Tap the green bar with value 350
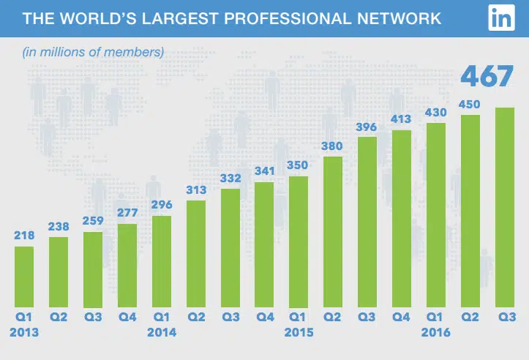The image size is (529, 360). [299, 241]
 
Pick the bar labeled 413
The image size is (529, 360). [402, 219]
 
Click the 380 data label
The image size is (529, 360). [332, 146]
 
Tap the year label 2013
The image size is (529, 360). [24, 331]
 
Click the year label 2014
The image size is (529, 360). [162, 331]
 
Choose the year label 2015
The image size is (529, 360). [299, 331]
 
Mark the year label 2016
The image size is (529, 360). [436, 331]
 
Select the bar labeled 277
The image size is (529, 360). [127, 265]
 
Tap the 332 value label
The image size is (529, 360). [230, 179]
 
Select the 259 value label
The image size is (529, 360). [93, 221]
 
